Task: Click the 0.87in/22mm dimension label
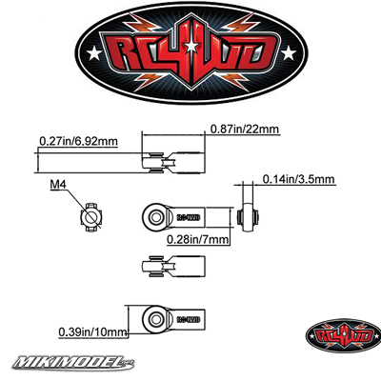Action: click(245, 130)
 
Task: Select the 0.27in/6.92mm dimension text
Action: click(78, 141)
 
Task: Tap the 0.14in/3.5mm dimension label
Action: click(298, 179)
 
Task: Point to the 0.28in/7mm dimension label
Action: click(198, 239)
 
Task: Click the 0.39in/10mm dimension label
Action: click(92, 332)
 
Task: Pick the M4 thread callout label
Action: click(58, 185)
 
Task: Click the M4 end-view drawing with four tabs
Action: click(90, 217)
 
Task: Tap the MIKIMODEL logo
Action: click(73, 362)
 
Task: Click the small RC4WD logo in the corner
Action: click(343, 335)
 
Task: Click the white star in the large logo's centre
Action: click(191, 47)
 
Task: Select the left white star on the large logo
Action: click(94, 53)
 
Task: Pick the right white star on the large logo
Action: click(289, 53)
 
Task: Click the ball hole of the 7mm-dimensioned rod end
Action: click(155, 217)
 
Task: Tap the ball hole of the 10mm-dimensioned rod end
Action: click(155, 319)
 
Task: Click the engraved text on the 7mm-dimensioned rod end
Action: click(188, 217)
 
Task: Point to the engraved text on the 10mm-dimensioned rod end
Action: click(189, 319)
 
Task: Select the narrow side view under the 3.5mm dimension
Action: click(248, 217)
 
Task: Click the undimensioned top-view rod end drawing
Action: click(173, 267)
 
